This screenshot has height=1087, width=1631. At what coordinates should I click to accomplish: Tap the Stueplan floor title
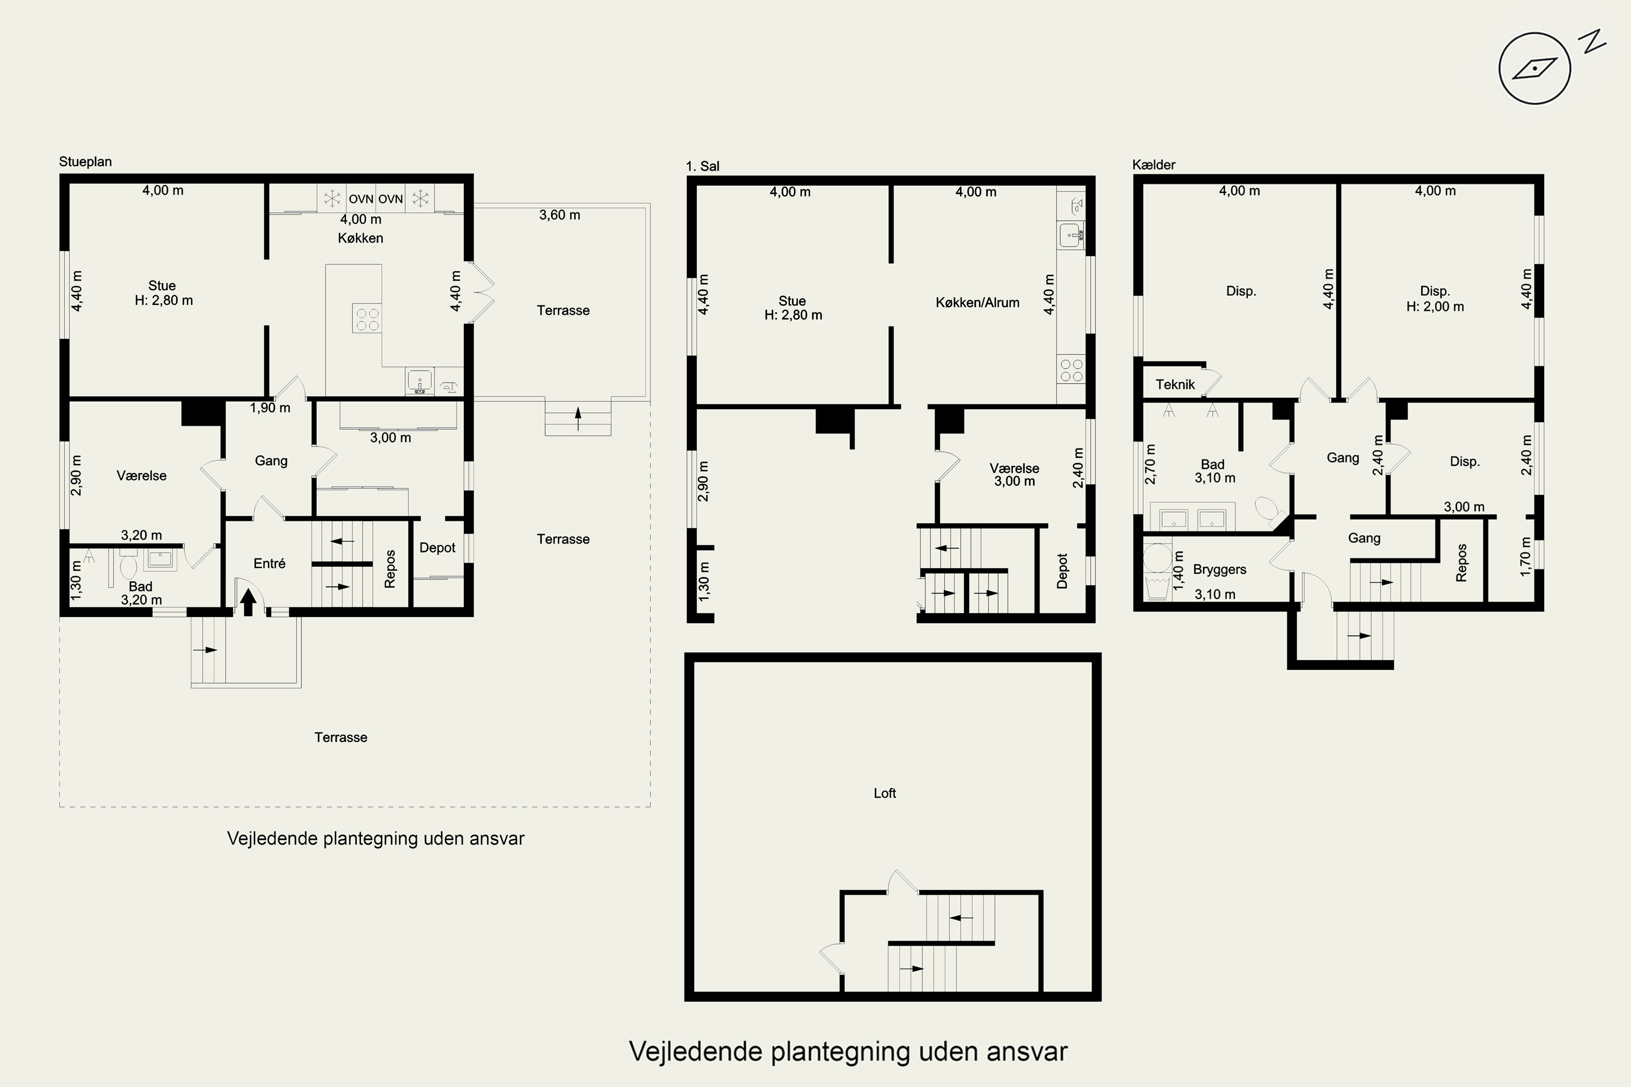[85, 161]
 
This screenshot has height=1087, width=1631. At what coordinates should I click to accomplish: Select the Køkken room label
[360, 238]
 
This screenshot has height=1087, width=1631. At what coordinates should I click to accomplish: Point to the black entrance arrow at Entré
[248, 602]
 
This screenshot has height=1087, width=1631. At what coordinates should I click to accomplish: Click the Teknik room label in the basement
[1175, 384]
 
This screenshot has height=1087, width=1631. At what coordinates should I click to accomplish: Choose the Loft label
[885, 793]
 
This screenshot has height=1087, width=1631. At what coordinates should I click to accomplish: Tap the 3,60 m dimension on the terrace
[559, 215]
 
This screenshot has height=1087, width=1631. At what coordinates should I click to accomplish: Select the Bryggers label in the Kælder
[1220, 569]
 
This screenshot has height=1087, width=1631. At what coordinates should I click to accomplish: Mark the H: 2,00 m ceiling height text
[1435, 307]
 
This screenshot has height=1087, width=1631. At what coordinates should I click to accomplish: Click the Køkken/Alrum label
[977, 302]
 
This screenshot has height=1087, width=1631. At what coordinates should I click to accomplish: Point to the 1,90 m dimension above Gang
[270, 408]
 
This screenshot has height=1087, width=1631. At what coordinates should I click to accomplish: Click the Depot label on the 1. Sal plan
[1062, 571]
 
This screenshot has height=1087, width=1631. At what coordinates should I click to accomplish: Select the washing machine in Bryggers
[1157, 558]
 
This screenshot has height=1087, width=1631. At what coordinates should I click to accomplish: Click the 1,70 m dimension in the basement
[1525, 556]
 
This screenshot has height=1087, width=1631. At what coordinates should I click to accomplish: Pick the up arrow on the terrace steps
[577, 418]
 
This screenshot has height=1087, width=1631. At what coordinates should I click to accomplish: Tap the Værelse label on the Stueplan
[141, 476]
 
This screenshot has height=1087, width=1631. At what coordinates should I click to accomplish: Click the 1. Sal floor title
[702, 166]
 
